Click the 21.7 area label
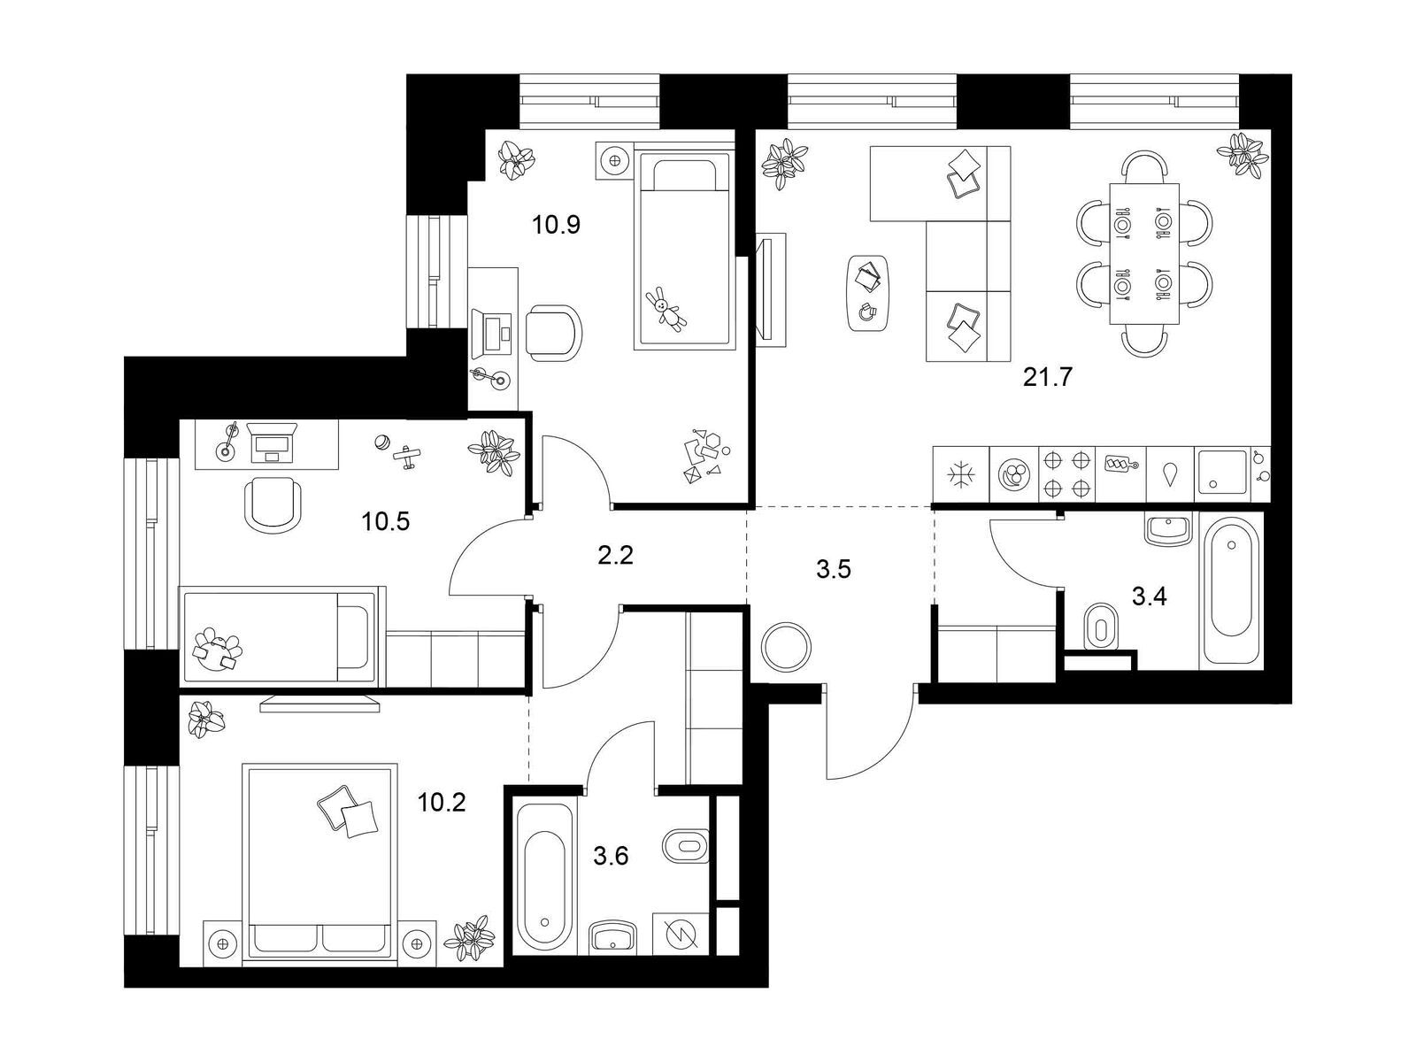tap(1047, 377)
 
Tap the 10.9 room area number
tap(556, 225)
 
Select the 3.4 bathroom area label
tap(1150, 597)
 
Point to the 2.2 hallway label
tap(615, 555)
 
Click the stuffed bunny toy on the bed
tap(666, 310)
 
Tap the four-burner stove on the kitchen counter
tap(1066, 474)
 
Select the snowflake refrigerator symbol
tap(961, 475)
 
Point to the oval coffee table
tap(867, 294)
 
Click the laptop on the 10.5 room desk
tap(272, 442)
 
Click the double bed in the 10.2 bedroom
tap(319, 864)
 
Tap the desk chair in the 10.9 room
tap(553, 333)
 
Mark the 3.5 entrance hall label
tap(834, 569)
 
